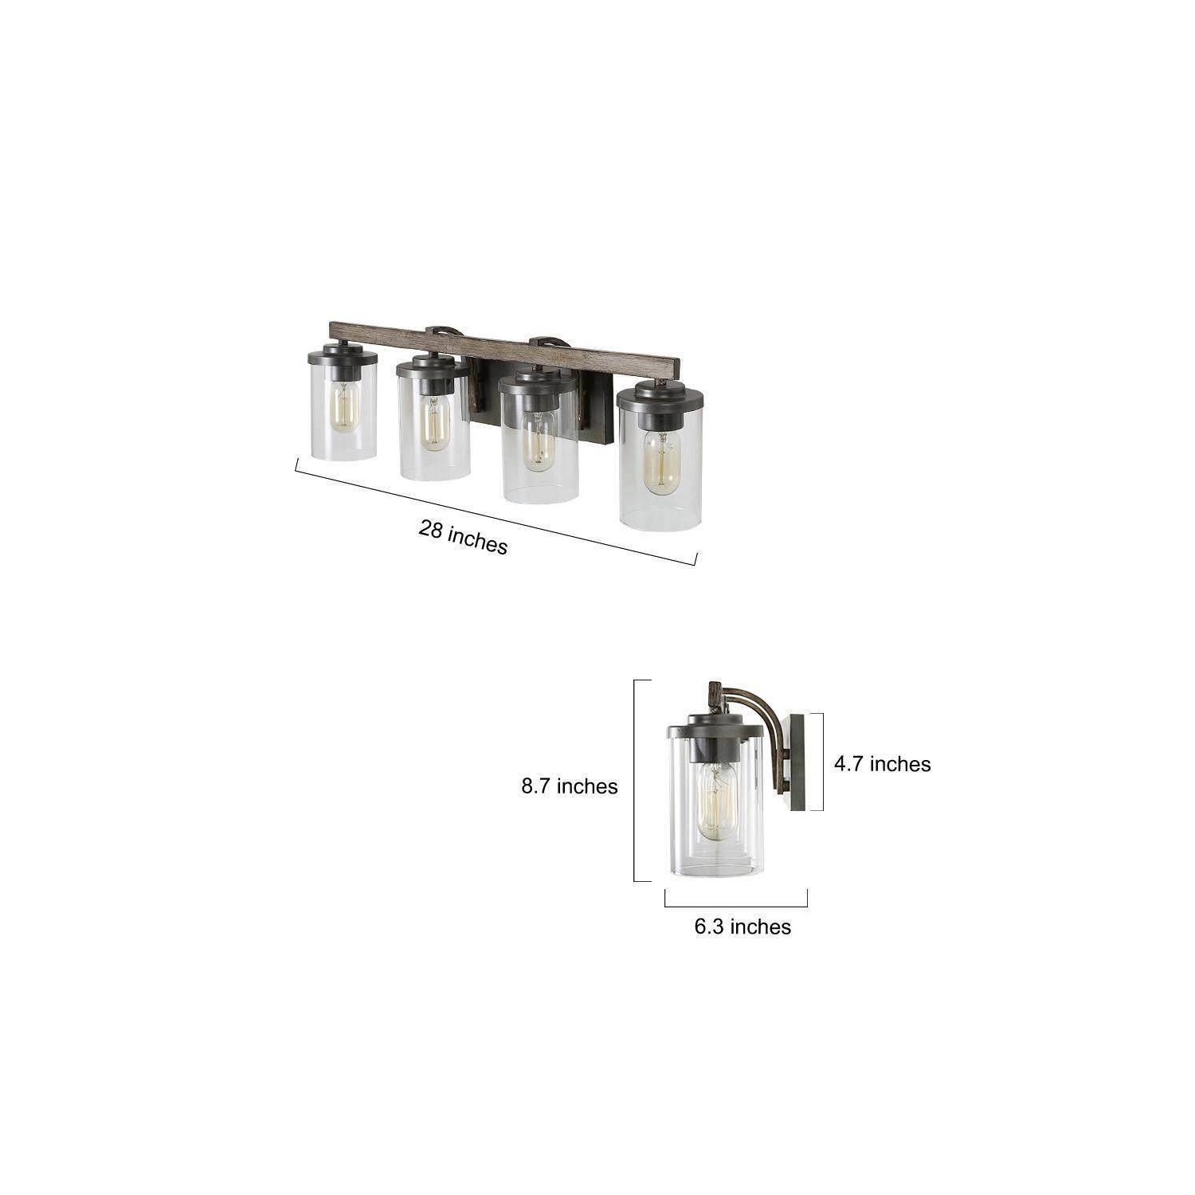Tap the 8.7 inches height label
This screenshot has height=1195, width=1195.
[x=570, y=786]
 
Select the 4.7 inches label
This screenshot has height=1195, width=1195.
[x=882, y=764]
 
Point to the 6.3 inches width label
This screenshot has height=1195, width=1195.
[x=742, y=927]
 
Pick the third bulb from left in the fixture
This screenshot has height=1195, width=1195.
[x=539, y=439]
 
